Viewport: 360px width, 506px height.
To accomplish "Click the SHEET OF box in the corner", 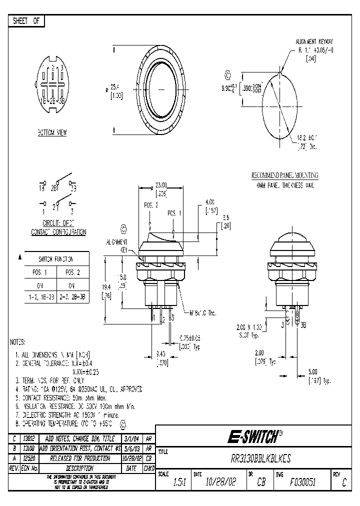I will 26,21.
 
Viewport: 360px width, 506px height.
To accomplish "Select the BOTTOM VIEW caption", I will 52,133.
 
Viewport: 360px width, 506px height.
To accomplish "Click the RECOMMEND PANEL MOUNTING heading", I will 284,176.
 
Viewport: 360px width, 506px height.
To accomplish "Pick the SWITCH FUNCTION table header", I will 56,259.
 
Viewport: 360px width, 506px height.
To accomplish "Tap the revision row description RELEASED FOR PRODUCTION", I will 80,458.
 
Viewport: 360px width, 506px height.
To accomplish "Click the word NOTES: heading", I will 18,342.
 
